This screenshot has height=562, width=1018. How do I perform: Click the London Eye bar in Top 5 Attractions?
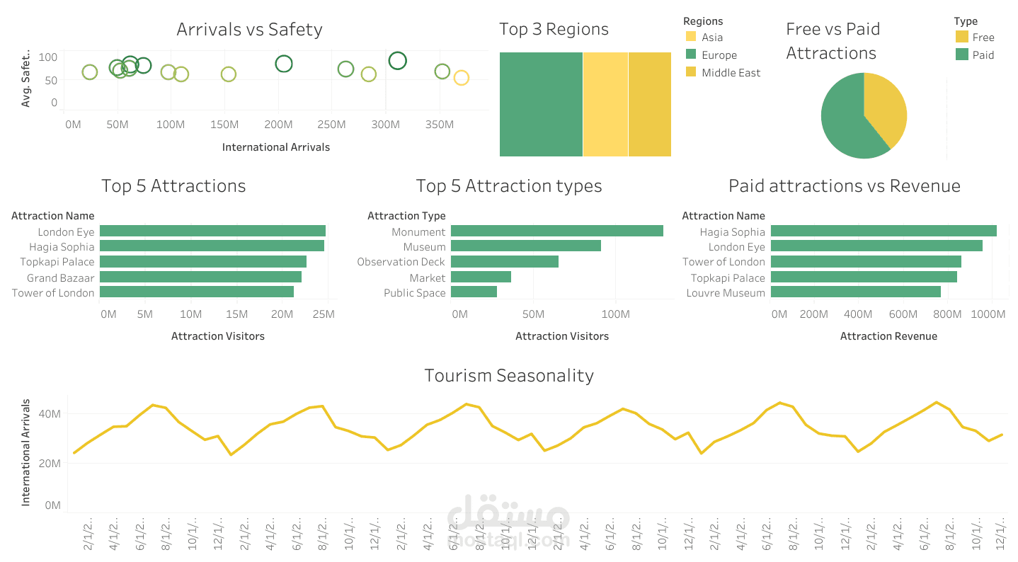pos(212,231)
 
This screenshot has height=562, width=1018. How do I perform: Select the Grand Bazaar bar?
pos(200,277)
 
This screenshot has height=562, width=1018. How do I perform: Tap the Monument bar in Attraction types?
pos(556,231)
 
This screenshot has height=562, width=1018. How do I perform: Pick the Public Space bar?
pos(474,292)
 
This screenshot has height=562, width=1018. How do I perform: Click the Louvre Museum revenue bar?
pos(855,292)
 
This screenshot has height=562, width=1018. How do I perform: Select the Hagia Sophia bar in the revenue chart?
pos(883,231)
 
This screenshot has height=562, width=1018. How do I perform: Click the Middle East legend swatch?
pos(691,72)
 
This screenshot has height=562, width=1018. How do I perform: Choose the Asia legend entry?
pos(711,38)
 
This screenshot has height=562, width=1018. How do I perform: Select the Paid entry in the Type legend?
pos(983,55)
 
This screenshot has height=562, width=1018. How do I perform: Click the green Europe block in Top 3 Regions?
pos(541,104)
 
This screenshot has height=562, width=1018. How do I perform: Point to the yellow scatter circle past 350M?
pos(461,78)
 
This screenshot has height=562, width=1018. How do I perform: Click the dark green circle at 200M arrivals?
pos(284,64)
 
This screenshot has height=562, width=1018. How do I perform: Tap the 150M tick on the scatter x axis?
pos(225,125)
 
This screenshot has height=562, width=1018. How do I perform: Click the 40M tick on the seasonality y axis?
pos(52,413)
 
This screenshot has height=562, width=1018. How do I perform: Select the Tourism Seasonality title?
pos(508,375)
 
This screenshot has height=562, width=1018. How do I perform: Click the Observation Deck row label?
pos(401,262)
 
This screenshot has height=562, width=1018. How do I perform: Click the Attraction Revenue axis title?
pos(888,336)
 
